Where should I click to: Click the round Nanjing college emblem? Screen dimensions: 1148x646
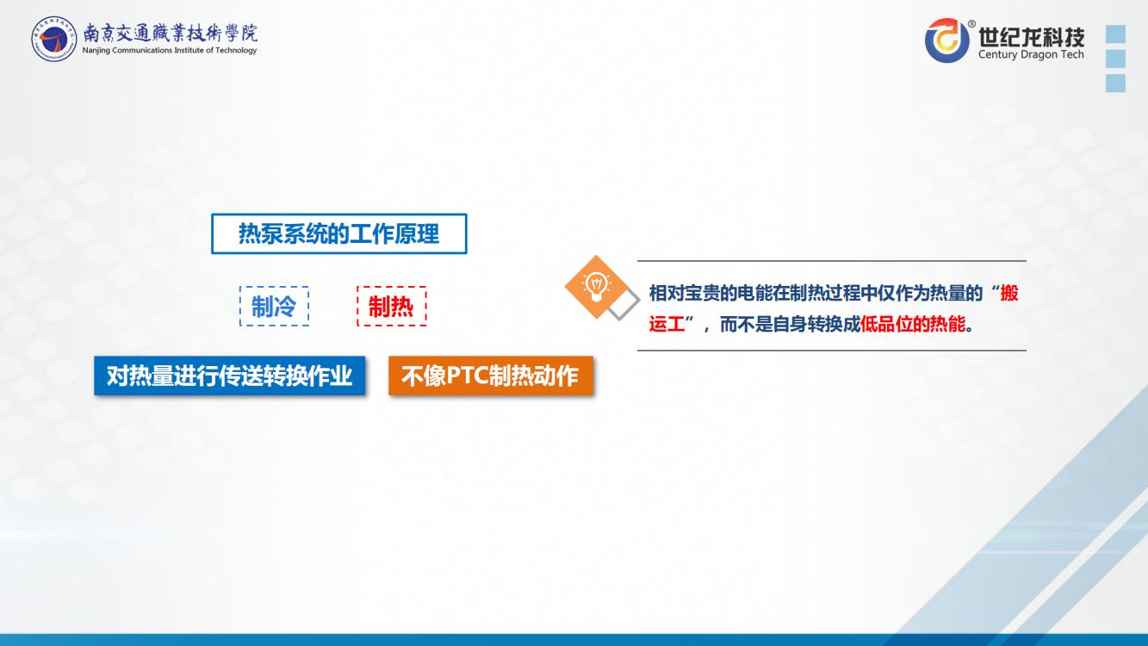[x=53, y=39]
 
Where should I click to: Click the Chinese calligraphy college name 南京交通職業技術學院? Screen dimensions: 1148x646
[x=171, y=34]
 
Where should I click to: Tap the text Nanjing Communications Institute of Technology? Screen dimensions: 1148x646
[x=170, y=50]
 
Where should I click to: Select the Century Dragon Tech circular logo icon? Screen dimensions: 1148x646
[x=947, y=40]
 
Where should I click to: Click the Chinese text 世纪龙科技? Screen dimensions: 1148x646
[x=1031, y=37]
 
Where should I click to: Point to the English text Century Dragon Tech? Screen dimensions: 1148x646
[x=1031, y=54]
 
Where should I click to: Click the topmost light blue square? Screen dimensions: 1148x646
[x=1116, y=34]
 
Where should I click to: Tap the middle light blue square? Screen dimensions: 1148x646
[x=1116, y=59]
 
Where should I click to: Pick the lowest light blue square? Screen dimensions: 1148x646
[x=1116, y=83]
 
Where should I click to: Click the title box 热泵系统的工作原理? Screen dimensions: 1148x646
[x=338, y=233]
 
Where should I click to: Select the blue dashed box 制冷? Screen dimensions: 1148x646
[x=274, y=306]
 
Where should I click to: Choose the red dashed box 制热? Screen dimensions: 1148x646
[x=392, y=306]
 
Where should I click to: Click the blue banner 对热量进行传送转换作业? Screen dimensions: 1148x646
[x=230, y=376]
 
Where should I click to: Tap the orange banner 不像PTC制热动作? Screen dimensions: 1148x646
[x=491, y=376]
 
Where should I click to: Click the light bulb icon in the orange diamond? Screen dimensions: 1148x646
[x=596, y=287]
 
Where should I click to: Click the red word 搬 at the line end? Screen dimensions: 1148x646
[x=1009, y=293]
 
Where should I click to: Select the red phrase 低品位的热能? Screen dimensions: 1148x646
[x=912, y=324]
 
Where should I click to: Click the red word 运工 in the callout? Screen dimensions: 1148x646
[x=667, y=324]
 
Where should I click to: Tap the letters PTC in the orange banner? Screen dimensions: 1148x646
[x=467, y=376]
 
